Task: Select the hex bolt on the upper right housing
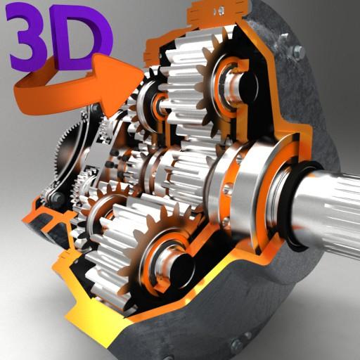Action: (297, 51)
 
